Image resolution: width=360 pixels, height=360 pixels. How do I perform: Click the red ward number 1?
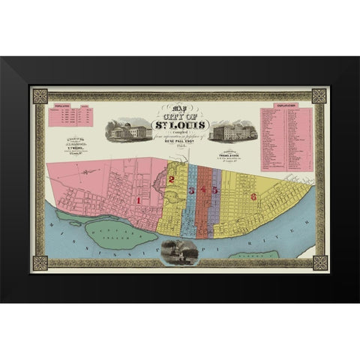point(140,201)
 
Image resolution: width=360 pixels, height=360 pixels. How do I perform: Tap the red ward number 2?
point(172,180)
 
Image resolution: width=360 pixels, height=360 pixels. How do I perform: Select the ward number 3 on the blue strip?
point(192,190)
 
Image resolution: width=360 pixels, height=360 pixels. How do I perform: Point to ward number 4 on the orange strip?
point(202,190)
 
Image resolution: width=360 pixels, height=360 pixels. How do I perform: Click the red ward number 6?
point(253,196)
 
